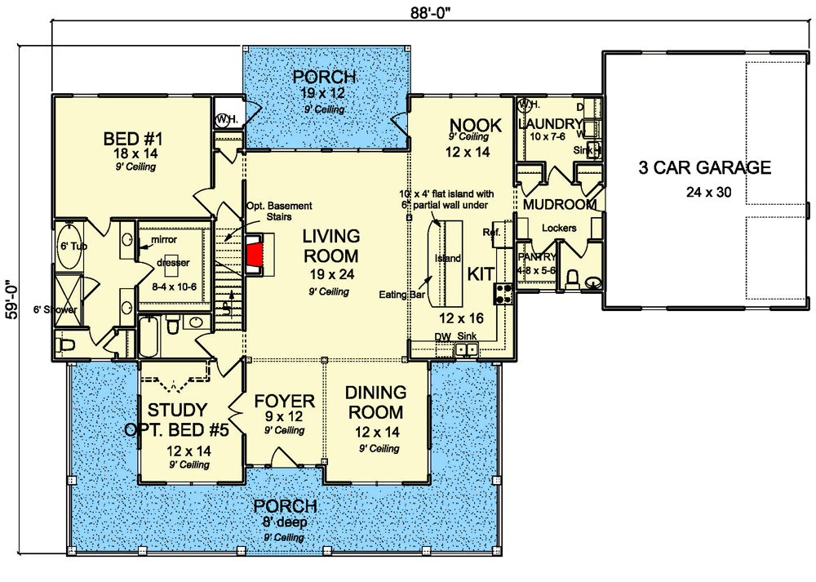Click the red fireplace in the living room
coord(256,251)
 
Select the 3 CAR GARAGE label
coord(704,168)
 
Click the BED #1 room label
coord(136,136)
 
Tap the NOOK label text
coord(469,123)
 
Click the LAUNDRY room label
coord(552,123)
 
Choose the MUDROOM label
coord(560,204)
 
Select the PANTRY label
coord(536,257)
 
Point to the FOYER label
coord(284,402)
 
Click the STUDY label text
coord(176,410)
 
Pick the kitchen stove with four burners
coord(503,292)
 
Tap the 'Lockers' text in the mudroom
coord(559,229)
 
